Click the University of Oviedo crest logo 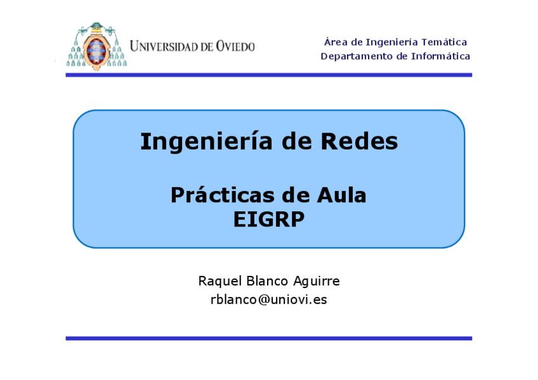[96, 46]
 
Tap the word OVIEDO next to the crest [235, 46]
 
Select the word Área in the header [335, 43]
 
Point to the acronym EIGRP [268, 219]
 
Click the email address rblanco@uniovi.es [268, 299]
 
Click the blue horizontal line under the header [268, 75]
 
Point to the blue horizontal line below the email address [268, 338]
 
